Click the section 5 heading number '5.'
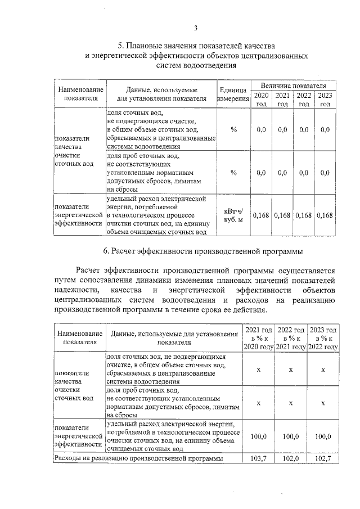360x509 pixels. (x=121, y=46)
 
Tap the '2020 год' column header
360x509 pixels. (x=261, y=100)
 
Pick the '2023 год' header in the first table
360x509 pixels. (x=325, y=100)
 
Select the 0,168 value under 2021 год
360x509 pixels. (x=282, y=215)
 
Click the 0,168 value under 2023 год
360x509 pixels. (x=325, y=215)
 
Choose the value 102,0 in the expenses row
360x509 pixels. (x=291, y=459)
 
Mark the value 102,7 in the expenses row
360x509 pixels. (x=323, y=459)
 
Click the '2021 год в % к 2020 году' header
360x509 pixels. (x=258, y=338)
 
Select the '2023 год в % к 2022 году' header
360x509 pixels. (x=323, y=338)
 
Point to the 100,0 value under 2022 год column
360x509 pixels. (x=291, y=436)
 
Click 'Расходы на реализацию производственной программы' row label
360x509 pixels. (x=138, y=459)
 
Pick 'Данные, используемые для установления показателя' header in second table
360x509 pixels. (x=174, y=338)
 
